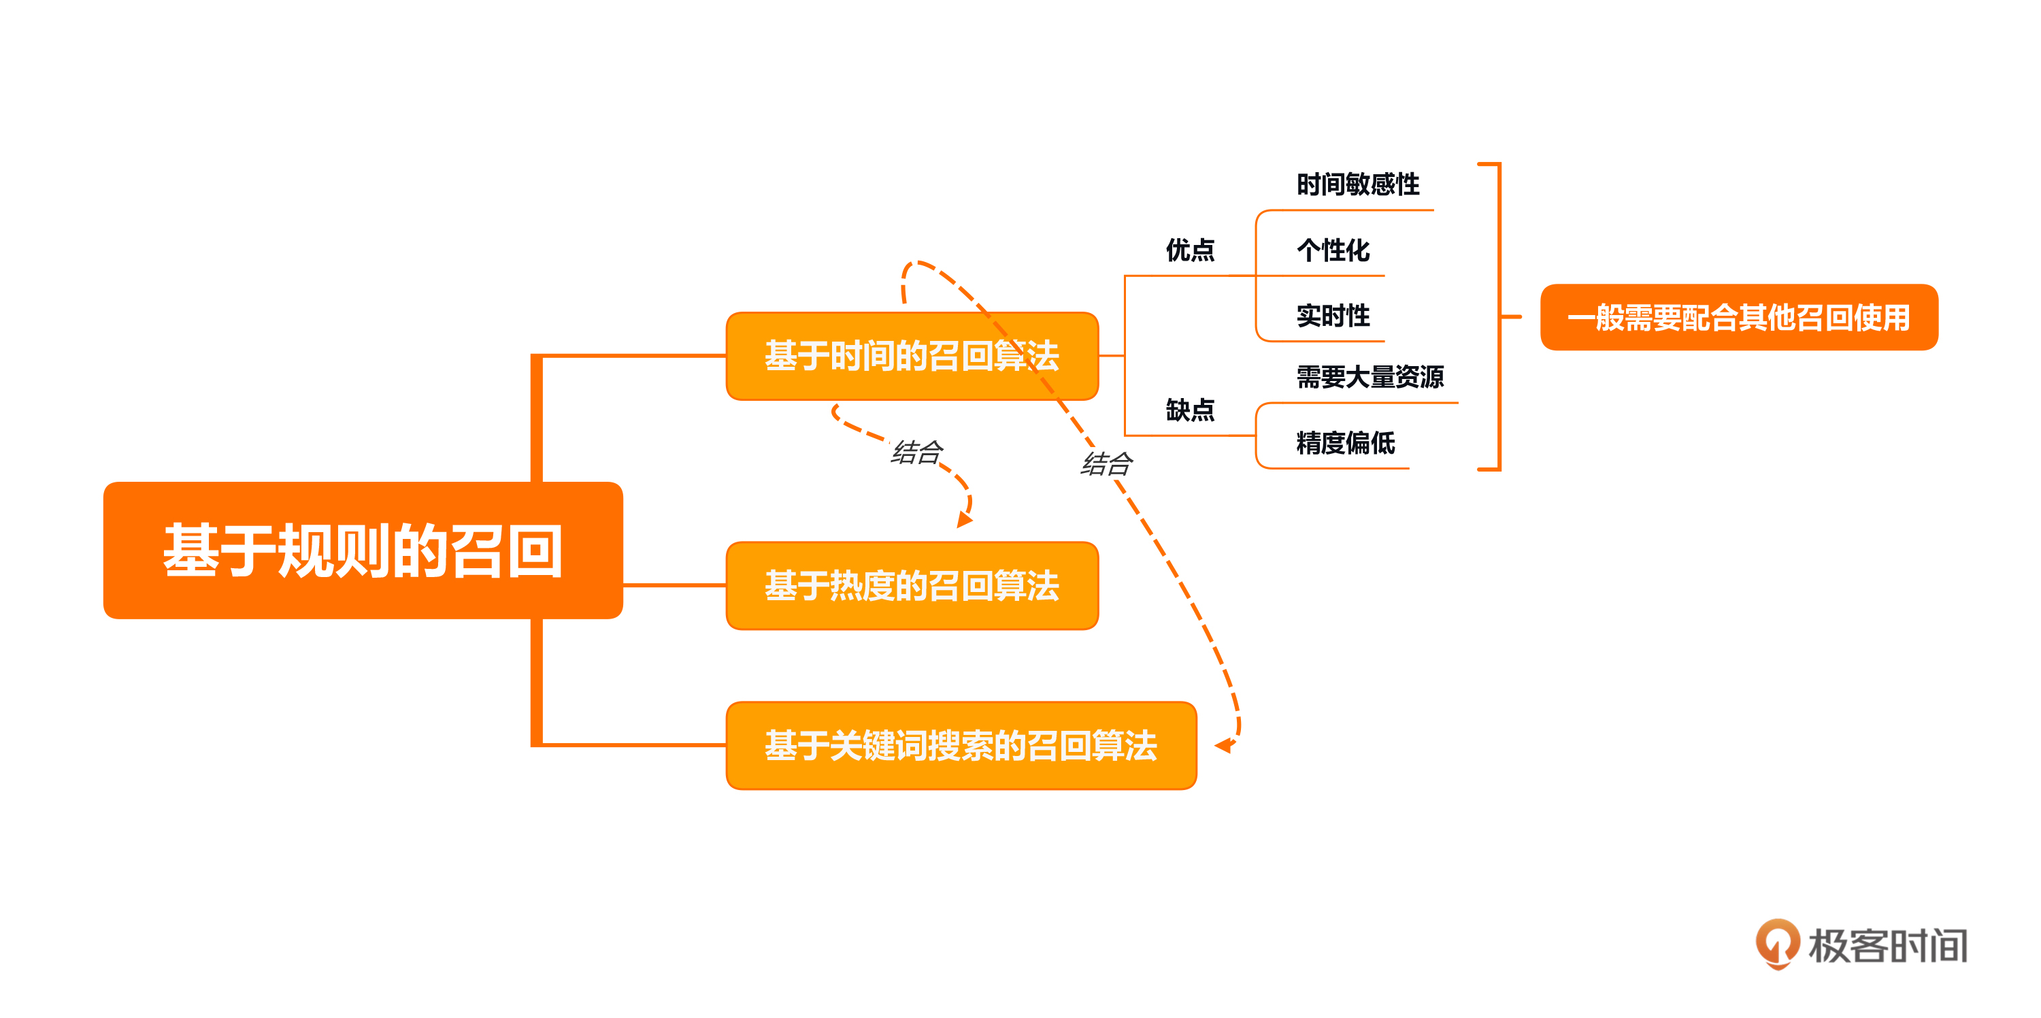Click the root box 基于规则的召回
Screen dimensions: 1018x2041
363,550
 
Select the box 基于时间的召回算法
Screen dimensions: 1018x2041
912,356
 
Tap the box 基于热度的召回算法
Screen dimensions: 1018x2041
912,585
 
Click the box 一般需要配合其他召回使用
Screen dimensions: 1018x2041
1738,317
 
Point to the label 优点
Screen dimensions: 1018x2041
1190,250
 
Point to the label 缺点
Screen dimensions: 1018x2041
1190,410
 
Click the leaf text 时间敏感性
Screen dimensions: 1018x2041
1358,184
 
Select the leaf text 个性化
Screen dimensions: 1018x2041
1333,250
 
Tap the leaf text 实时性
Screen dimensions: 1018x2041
1333,315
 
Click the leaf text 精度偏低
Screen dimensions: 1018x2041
1345,443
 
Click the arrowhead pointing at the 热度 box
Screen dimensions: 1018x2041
964,520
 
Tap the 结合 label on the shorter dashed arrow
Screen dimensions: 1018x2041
916,453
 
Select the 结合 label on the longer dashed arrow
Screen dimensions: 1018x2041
1107,463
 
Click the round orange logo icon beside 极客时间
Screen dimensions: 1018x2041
1778,942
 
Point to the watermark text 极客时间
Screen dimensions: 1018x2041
1887,946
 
